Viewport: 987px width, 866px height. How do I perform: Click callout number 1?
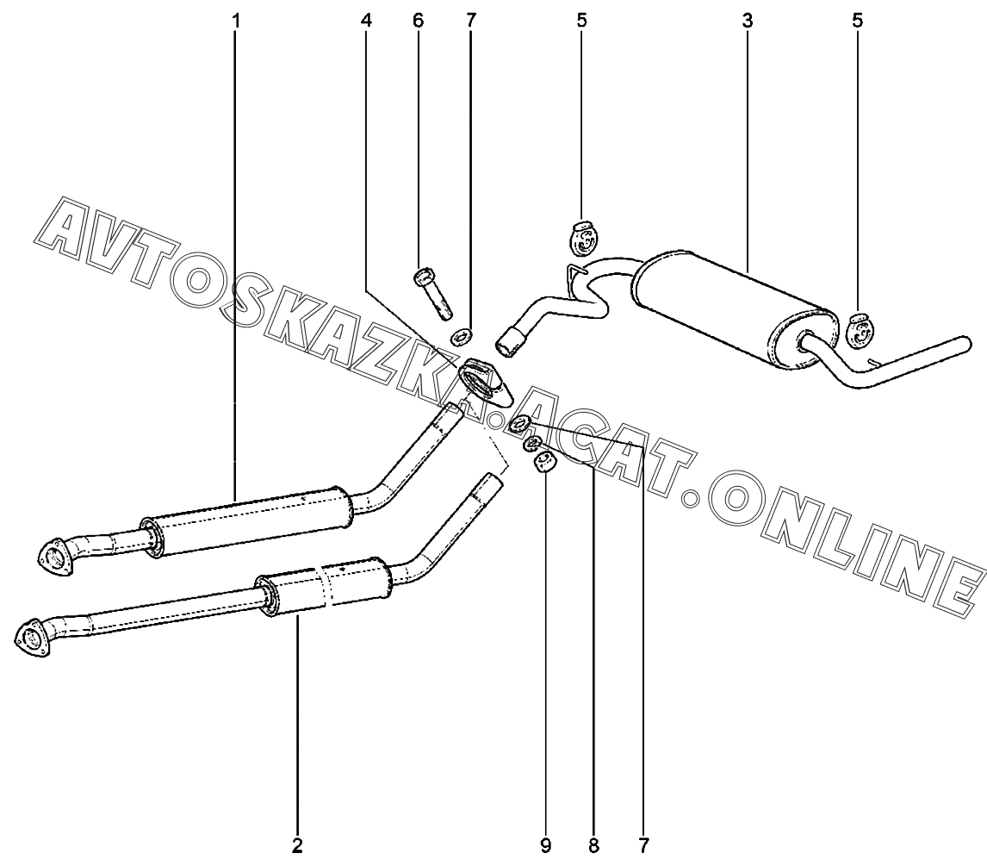235,20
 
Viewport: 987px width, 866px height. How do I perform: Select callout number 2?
297,845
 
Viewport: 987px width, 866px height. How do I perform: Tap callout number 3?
747,20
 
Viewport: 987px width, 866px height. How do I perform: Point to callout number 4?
368,20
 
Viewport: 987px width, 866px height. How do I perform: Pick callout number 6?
419,20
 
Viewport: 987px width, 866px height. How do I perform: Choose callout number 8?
593,845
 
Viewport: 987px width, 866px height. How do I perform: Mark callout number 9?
545,845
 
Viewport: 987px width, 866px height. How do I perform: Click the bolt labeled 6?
431,294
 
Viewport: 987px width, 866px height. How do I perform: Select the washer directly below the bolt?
462,334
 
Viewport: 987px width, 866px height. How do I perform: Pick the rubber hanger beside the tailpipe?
860,331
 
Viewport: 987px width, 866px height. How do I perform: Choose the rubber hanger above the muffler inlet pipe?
583,240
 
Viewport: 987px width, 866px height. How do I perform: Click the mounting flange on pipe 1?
58,554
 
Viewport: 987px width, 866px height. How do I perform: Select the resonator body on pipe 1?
250,522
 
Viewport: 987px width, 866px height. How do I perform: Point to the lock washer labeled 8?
533,445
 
